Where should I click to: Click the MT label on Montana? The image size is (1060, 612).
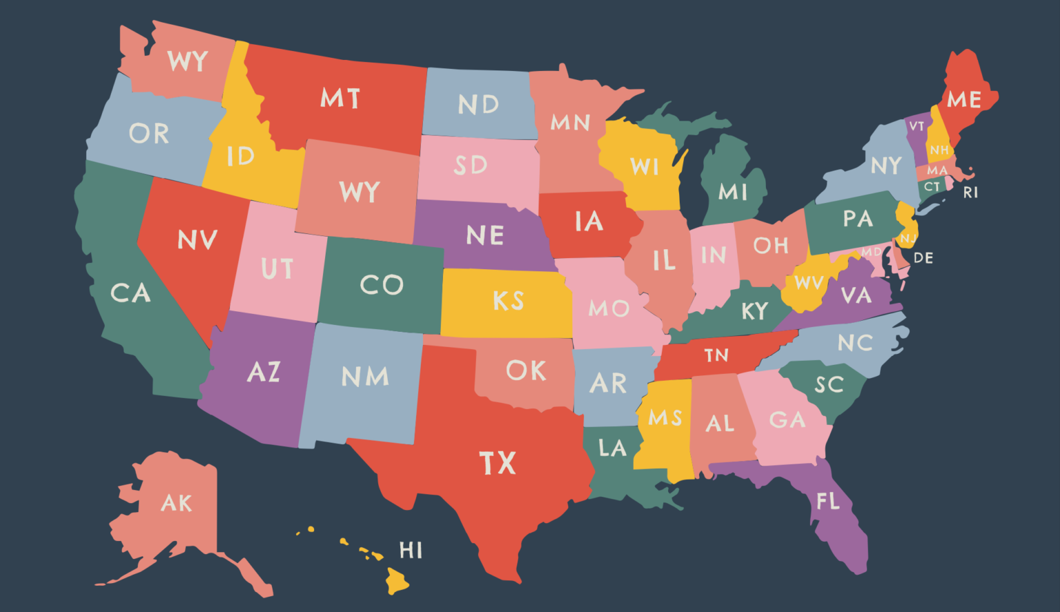pyautogui.click(x=340, y=98)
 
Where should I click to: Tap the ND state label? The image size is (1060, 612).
pyautogui.click(x=478, y=104)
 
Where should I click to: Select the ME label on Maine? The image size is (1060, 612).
pyautogui.click(x=963, y=99)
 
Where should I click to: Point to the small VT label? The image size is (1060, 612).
pyautogui.click(x=916, y=126)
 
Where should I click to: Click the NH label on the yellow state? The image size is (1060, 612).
pyautogui.click(x=939, y=150)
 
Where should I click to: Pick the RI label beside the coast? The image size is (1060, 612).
pyautogui.click(x=970, y=193)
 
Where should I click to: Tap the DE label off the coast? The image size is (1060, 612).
pyautogui.click(x=923, y=258)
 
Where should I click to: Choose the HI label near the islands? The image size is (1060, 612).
pyautogui.click(x=411, y=550)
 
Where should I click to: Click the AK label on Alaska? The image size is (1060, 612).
pyautogui.click(x=176, y=503)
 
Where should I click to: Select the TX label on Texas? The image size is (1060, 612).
pyautogui.click(x=498, y=463)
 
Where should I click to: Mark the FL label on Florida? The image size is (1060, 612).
pyautogui.click(x=828, y=501)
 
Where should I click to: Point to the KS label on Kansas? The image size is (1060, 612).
pyautogui.click(x=509, y=301)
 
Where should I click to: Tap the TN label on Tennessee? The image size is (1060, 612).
pyautogui.click(x=716, y=355)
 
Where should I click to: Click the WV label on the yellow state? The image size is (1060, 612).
pyautogui.click(x=809, y=283)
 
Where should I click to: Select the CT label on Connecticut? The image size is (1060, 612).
pyautogui.click(x=932, y=187)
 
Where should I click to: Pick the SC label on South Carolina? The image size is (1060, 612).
pyautogui.click(x=829, y=384)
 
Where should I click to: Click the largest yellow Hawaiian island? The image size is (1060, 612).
pyautogui.click(x=397, y=580)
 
